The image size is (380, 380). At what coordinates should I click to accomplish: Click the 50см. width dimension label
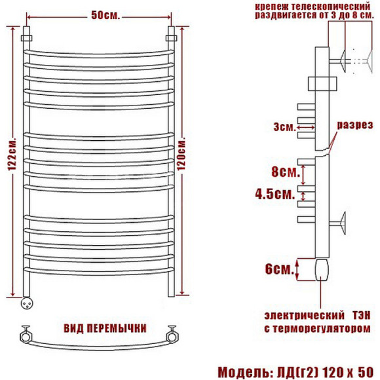click(x=105, y=16)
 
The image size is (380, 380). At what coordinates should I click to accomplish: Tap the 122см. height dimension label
click(x=12, y=155)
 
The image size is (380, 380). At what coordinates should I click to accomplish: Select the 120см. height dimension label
click(x=181, y=155)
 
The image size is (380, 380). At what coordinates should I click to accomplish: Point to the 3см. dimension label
click(x=284, y=126)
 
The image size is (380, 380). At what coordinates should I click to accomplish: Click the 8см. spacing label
click(x=286, y=172)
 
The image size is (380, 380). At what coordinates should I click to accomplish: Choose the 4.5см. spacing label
click(x=275, y=194)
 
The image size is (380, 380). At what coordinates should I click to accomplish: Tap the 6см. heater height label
click(x=280, y=269)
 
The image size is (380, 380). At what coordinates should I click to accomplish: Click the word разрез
click(x=355, y=124)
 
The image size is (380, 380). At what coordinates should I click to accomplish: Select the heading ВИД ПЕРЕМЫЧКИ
click(x=105, y=328)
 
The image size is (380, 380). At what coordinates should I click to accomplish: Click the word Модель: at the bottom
click(x=245, y=372)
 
